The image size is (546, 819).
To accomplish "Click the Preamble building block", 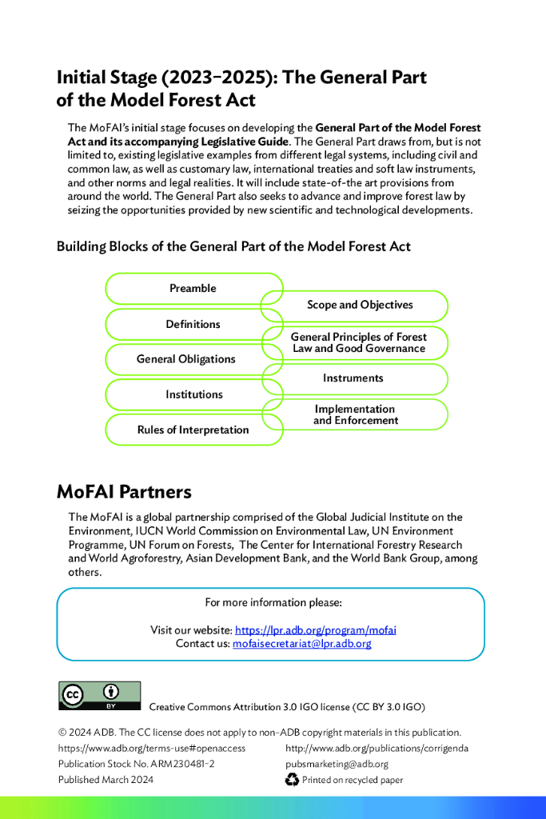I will coord(193,288).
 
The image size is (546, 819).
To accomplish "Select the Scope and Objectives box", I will coord(360,305).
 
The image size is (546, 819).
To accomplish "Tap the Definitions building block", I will coord(193,324).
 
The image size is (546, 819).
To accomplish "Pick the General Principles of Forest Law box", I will coord(358,342).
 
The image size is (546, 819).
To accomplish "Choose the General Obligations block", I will coord(185,359).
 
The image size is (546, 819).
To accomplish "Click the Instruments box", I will coord(353,378).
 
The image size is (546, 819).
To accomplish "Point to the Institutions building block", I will coord(194,394).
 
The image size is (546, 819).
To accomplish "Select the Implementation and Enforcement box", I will coord(356,414).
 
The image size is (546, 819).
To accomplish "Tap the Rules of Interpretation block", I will coord(193,429).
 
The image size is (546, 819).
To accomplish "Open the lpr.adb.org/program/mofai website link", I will coord(315,629).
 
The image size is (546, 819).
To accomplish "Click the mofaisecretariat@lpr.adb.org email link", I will coord(301,643).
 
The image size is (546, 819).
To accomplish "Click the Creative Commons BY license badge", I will coord(99,696).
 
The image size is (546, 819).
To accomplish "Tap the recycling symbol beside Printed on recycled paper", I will coord(292,780).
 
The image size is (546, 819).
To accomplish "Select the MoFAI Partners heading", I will coord(124,490).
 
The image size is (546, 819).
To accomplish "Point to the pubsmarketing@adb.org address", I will coord(337,764).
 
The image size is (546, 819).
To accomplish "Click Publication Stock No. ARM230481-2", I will coord(136,764).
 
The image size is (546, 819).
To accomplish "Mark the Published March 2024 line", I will coord(106,780).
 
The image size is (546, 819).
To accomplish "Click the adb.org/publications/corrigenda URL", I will coord(377,748).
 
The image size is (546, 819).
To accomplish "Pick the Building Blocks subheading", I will coord(233,246).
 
